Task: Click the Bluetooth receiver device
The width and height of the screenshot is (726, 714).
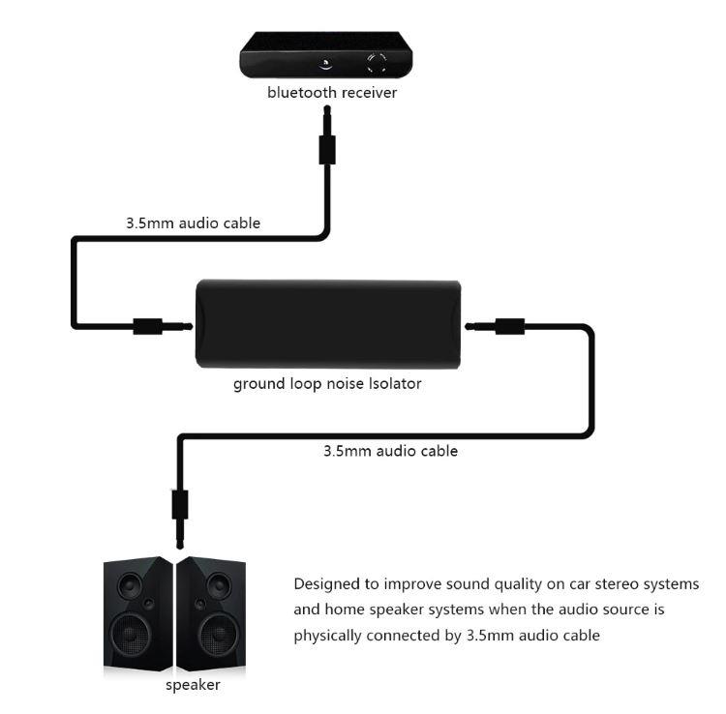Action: pos(326,55)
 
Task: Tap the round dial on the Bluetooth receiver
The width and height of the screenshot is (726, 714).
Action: pos(377,64)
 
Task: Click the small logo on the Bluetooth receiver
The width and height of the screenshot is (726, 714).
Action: pos(325,64)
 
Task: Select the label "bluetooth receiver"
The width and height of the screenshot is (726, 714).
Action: pos(332,93)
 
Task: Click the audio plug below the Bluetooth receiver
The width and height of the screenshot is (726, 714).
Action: pos(327,135)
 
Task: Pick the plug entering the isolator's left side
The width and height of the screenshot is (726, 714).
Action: pos(163,327)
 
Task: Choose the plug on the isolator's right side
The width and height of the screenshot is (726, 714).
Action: pos(495,326)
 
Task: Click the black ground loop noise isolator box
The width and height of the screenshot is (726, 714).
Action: pos(328,324)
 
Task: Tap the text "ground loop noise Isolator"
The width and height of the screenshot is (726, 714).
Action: pos(327,384)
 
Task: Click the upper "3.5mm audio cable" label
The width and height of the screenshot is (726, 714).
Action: pos(193,223)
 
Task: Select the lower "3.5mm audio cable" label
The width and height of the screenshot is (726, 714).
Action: pos(390,451)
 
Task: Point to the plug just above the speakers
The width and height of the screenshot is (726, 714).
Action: pos(180,520)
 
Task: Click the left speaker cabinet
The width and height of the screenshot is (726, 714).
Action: pos(137,613)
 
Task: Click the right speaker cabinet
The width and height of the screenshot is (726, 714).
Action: pos(211,613)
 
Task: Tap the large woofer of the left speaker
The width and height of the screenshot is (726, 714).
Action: pos(130,634)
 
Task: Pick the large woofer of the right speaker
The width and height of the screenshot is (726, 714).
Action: pos(219,634)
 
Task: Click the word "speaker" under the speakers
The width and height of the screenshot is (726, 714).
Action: pos(193,685)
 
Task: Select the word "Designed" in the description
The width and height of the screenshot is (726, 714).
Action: pos(328,584)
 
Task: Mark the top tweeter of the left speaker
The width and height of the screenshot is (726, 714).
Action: pos(130,586)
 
